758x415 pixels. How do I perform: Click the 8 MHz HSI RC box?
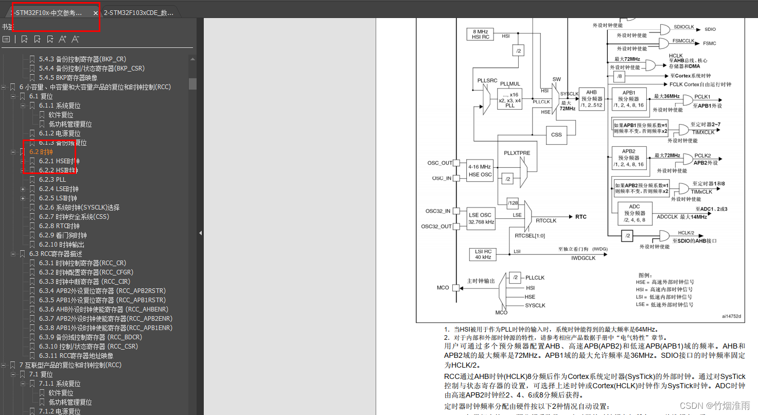tap(480, 34)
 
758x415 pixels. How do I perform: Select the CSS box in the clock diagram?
tap(556, 135)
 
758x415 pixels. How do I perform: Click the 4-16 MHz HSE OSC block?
tap(480, 170)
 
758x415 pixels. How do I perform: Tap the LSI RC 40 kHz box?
tap(483, 254)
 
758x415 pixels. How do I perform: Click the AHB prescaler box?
tap(591, 99)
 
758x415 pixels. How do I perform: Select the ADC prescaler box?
tap(634, 213)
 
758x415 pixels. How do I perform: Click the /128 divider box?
tap(513, 203)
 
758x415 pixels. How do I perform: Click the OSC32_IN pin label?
tap(437, 211)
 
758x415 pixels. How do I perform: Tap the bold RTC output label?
tap(581, 217)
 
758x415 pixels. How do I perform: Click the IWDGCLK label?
tap(583, 258)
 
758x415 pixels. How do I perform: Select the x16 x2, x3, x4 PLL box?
tap(509, 99)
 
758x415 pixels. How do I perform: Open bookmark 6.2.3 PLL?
tap(52, 180)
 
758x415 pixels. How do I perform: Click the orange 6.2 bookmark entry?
tap(41, 152)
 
